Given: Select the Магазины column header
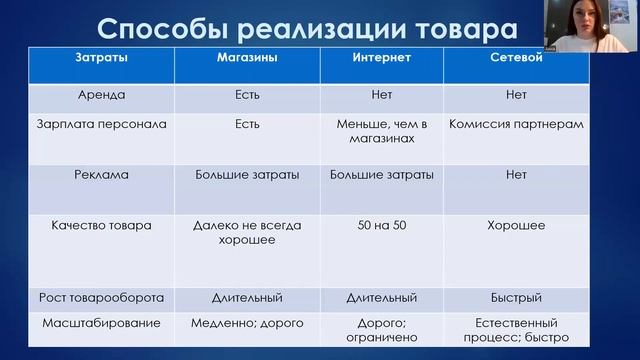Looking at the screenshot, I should pyautogui.click(x=247, y=59).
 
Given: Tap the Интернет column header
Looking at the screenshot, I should pyautogui.click(x=381, y=59).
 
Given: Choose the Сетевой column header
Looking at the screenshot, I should pyautogui.click(x=517, y=59).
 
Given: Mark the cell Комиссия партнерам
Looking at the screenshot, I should pyautogui.click(x=517, y=126).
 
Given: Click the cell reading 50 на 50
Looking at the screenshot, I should pyautogui.click(x=381, y=226).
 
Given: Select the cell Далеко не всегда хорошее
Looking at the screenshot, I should pyautogui.click(x=247, y=233).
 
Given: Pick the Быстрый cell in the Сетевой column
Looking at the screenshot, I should pyautogui.click(x=517, y=298).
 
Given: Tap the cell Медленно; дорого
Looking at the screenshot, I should pyautogui.click(x=247, y=324).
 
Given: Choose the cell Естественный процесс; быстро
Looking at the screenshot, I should pyautogui.click(x=517, y=331).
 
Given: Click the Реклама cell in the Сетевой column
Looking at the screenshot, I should pyautogui.click(x=517, y=174).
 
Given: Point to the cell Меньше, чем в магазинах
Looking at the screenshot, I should pyautogui.click(x=381, y=133).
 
